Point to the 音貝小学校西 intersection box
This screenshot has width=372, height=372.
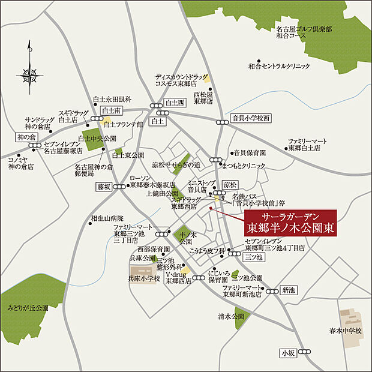click(x=251, y=118)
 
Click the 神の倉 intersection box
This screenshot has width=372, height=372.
click(x=28, y=137)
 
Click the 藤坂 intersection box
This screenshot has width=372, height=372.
click(x=104, y=187)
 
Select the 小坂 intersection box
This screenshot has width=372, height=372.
click(x=288, y=354)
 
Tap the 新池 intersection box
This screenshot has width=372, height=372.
click(x=290, y=290)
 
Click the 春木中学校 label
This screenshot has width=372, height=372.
click(x=346, y=331)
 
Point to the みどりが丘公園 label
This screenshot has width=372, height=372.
click(x=28, y=308)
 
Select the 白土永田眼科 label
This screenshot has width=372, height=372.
click(x=112, y=99)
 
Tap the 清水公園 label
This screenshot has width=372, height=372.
click(x=231, y=316)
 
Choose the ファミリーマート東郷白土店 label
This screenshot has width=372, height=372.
click(x=308, y=145)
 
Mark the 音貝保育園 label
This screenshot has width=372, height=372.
click(x=250, y=153)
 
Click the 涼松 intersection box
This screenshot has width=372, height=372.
click(x=230, y=184)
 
